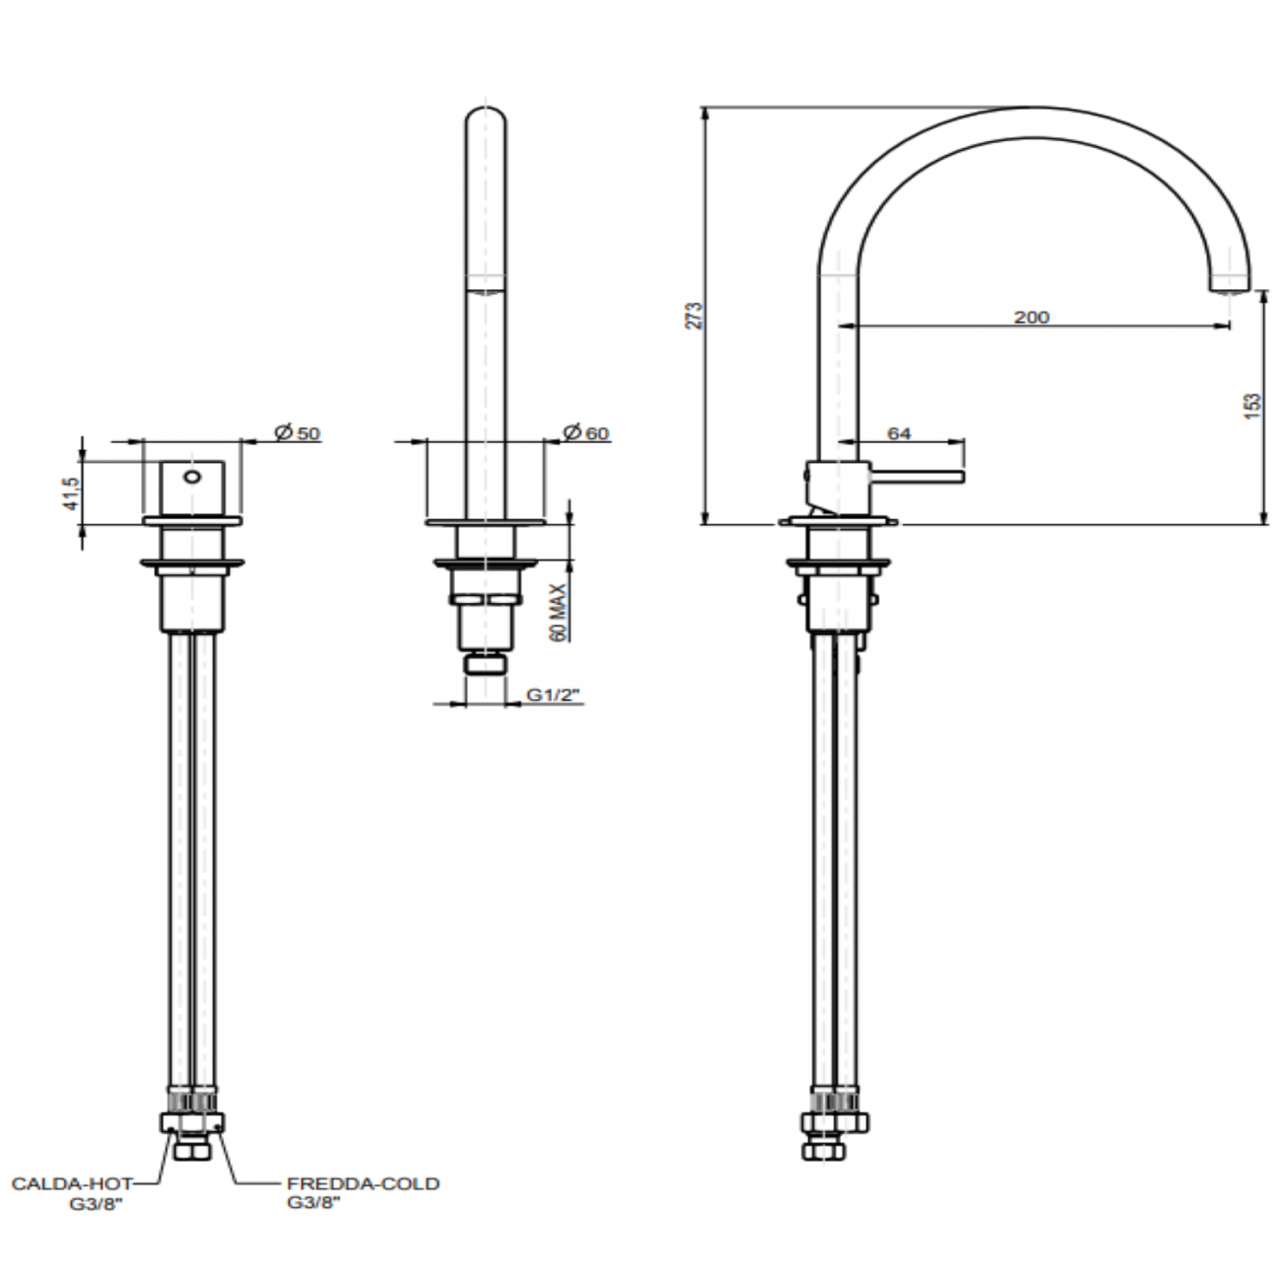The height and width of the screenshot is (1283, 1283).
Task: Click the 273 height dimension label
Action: click(694, 315)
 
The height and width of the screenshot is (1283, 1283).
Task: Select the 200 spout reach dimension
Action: click(1030, 317)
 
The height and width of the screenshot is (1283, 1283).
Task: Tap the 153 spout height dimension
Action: click(1252, 406)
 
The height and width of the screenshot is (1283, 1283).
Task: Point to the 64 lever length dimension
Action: click(899, 432)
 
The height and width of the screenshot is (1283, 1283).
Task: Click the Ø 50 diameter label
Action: click(297, 432)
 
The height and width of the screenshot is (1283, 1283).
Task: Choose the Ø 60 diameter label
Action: click(586, 432)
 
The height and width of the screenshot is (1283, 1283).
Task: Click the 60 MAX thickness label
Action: click(559, 612)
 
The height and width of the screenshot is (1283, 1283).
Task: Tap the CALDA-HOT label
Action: click(71, 1183)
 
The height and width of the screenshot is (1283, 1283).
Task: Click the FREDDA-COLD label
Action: click(363, 1183)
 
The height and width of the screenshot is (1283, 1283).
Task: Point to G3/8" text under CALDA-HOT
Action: click(95, 1203)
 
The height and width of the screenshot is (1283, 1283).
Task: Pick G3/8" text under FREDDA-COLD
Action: click(314, 1203)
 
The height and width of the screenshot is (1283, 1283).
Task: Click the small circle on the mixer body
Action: click(192, 479)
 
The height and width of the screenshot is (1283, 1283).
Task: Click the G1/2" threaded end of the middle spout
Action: click(485, 664)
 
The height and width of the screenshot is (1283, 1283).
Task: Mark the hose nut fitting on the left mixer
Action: click(191, 1122)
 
